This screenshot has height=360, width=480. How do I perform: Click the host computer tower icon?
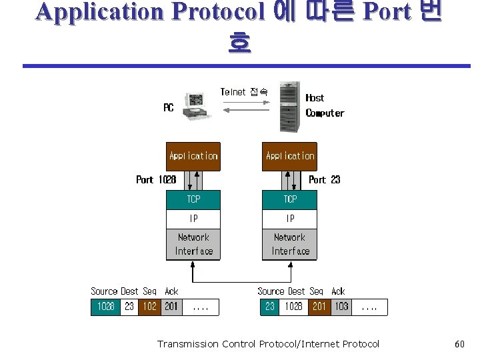[289, 107]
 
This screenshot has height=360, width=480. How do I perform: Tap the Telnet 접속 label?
[244, 92]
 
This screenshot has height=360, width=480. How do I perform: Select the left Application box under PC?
[193, 156]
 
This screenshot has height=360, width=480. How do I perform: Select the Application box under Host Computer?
[290, 156]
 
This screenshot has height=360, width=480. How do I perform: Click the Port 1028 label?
[156, 179]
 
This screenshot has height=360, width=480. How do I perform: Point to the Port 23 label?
[325, 179]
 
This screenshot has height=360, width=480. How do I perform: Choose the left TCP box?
[193, 199]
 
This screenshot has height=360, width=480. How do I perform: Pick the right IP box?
[290, 219]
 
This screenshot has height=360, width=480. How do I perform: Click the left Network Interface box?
[193, 244]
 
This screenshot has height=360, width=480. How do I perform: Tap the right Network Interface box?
[290, 244]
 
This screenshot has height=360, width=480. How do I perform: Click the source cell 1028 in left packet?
[105, 307]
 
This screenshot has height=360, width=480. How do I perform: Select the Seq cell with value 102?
[150, 307]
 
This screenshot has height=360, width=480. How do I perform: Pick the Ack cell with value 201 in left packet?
[171, 307]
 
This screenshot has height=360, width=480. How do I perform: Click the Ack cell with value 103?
[341, 307]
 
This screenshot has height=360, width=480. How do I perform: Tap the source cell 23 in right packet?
[269, 307]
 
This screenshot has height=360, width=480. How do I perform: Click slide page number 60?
[459, 344]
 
